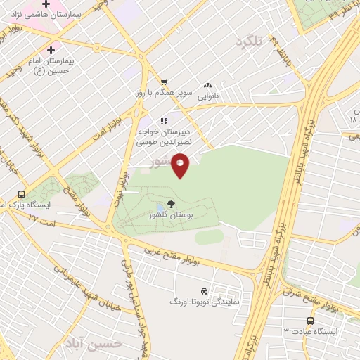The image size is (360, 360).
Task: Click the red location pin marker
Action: coord(181,166)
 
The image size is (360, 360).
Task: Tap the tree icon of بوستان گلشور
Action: coord(172,205)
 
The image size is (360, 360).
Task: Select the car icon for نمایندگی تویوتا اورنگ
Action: coord(204,290)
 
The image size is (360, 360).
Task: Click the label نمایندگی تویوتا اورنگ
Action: coord(205,301)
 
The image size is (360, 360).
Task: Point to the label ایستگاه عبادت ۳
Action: coord(311,330)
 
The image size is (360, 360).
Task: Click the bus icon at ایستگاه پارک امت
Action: coord(21,194)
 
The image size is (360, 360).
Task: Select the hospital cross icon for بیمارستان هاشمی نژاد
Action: coord(46,4)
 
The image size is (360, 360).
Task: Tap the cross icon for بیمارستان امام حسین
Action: coord(50,50)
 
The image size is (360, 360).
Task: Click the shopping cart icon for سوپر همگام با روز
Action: coord(164,82)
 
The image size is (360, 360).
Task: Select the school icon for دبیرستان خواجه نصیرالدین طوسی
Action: coord(164,120)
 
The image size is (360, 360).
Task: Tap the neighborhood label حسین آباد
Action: coord(94,342)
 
